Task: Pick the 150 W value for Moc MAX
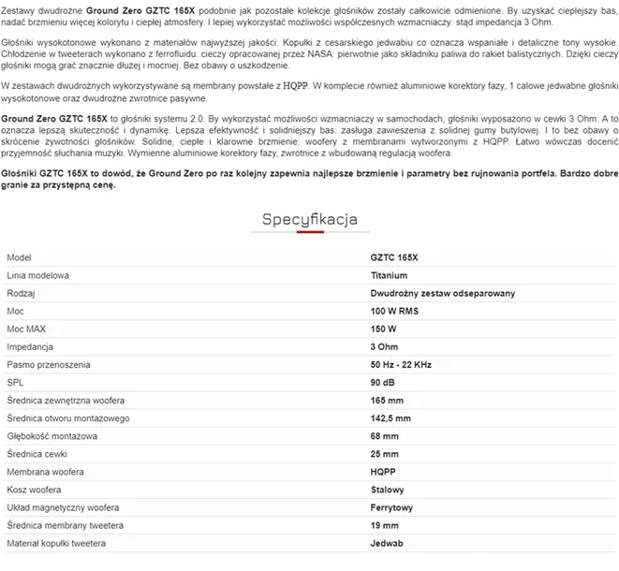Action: tap(384, 329)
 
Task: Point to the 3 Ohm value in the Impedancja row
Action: tap(385, 346)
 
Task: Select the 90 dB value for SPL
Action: tap(383, 382)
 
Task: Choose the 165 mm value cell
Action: tap(387, 400)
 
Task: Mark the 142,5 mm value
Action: tap(391, 417)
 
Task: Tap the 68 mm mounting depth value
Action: tap(384, 436)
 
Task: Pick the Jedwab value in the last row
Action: tap(388, 543)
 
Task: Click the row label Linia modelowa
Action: tap(38, 275)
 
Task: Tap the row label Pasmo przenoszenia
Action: tap(47, 364)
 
